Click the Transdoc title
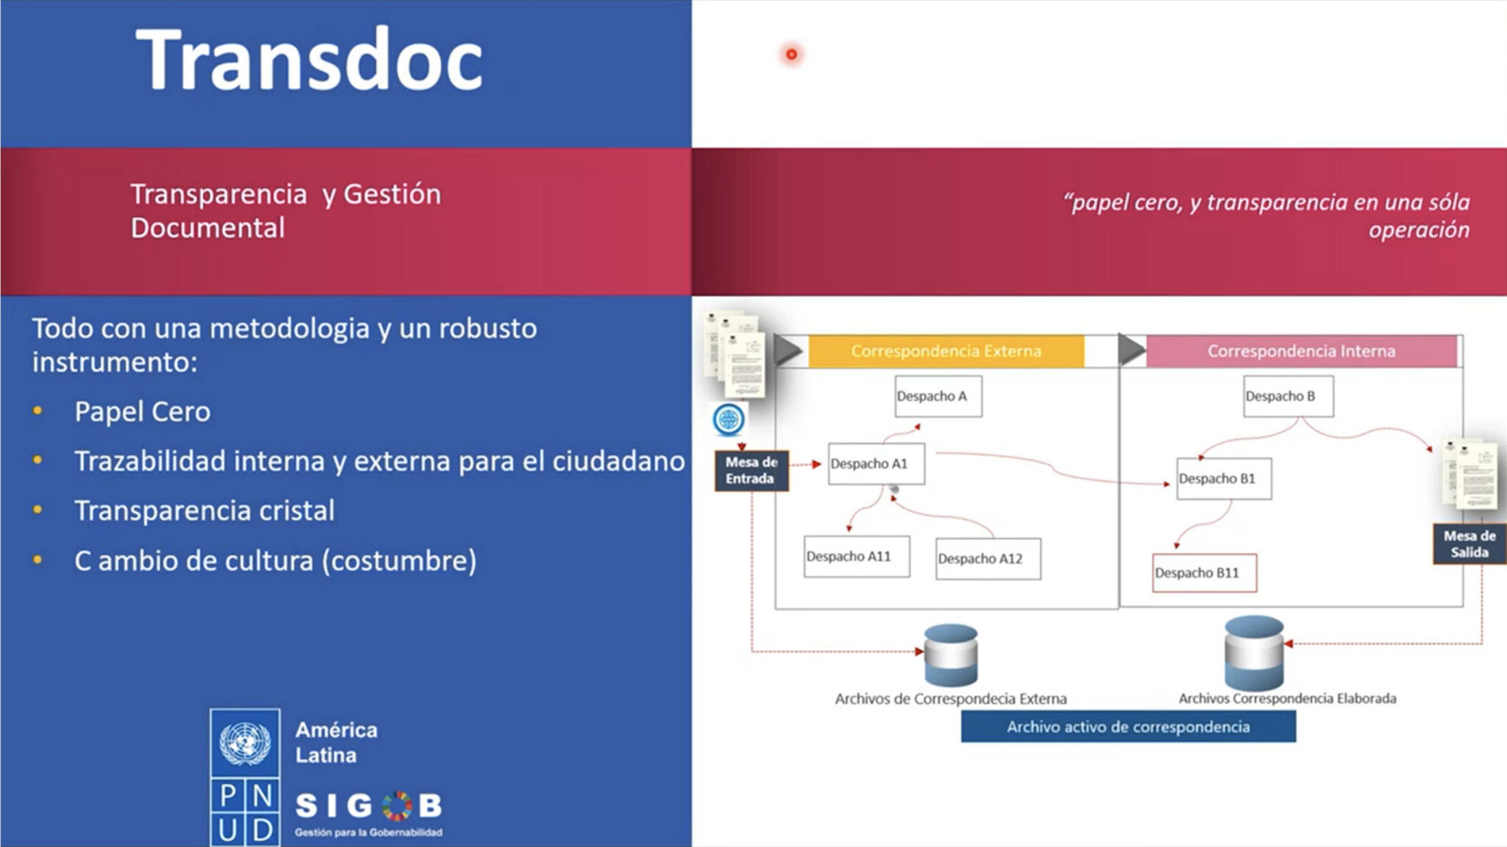click(x=309, y=59)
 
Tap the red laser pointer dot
click(x=791, y=55)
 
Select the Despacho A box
click(x=938, y=396)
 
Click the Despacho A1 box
click(x=876, y=464)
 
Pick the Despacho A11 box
click(x=857, y=556)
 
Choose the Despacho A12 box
click(x=988, y=558)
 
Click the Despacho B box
click(x=1288, y=396)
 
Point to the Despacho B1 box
click(x=1224, y=478)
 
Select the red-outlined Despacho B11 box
click(x=1204, y=573)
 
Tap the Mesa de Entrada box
click(x=751, y=470)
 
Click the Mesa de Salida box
click(x=1469, y=544)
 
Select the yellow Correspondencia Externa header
click(x=946, y=351)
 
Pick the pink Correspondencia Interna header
click(x=1302, y=351)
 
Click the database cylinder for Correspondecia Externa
click(x=951, y=655)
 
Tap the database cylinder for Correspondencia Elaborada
click(x=1254, y=653)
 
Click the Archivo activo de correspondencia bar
click(x=1128, y=726)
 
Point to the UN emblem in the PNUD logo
click(x=245, y=743)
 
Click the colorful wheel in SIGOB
click(x=397, y=806)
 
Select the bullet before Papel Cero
click(x=38, y=411)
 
